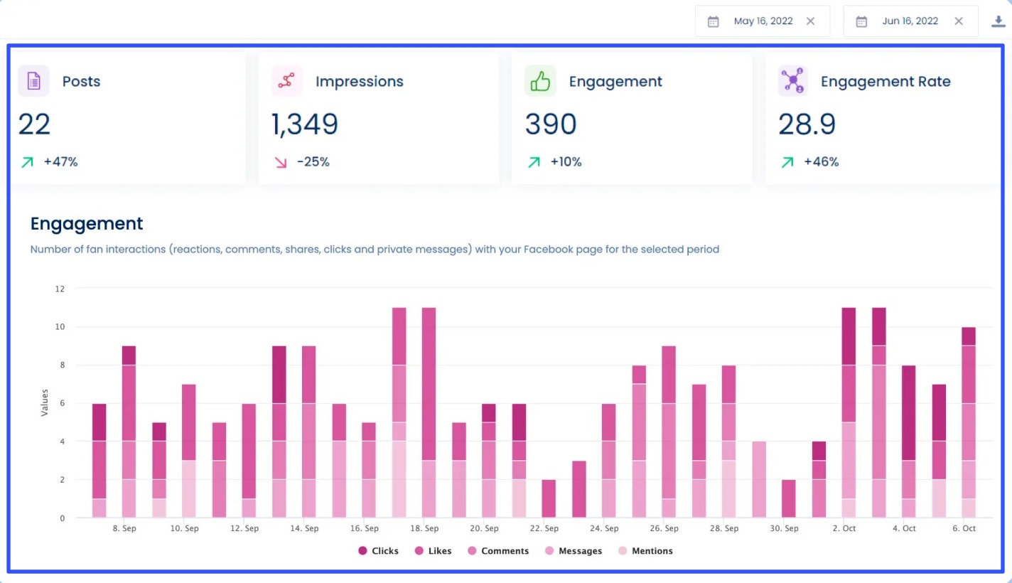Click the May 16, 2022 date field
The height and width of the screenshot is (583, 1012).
763,21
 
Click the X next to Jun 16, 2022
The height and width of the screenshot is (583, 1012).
959,21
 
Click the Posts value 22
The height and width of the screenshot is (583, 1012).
34,124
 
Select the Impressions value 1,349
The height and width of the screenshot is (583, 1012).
305,124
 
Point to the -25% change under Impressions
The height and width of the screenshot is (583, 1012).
313,162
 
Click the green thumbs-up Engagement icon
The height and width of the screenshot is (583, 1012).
540,81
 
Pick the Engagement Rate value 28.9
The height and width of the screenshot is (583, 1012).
807,124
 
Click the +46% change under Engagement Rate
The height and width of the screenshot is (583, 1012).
821,162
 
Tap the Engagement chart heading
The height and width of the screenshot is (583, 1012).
87,224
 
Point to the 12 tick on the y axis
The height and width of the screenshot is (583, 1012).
60,289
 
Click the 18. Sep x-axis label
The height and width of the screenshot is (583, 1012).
424,529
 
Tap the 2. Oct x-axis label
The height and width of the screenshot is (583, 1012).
844,529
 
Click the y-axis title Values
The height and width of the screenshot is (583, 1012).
45,402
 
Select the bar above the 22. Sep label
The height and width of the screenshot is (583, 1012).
549,498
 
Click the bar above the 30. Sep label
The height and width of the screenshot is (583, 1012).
789,498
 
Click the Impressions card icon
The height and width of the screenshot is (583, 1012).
286,81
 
